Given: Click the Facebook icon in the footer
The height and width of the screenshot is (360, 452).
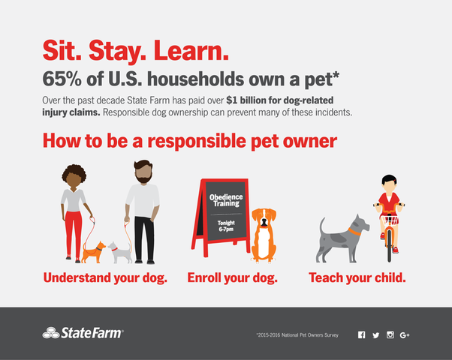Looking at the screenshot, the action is [x=361, y=335].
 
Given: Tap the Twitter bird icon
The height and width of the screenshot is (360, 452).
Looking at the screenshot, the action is [x=376, y=335].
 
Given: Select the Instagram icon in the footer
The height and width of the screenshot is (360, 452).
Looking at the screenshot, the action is [x=390, y=335].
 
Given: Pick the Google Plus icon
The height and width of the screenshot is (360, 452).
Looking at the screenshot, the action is [x=405, y=335].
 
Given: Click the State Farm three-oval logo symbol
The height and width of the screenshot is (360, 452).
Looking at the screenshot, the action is [x=51, y=333].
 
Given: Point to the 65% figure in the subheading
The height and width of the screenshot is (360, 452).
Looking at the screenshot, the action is [x=62, y=79].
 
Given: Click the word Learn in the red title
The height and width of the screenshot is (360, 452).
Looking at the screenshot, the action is [x=191, y=50].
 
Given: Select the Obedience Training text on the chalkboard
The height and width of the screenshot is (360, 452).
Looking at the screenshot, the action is [x=226, y=200].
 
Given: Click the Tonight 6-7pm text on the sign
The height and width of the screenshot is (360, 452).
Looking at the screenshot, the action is [x=226, y=226].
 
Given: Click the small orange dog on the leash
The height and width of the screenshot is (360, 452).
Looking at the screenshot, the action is [x=93, y=252].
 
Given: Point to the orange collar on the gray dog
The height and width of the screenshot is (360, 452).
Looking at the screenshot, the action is [x=354, y=232].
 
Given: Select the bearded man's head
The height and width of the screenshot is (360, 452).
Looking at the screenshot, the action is [x=143, y=172].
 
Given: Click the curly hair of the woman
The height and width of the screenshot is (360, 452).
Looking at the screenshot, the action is [x=74, y=172].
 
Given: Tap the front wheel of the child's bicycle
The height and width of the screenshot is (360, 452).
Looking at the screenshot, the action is [x=389, y=245].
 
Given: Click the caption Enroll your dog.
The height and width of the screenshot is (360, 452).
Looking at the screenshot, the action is [x=232, y=278].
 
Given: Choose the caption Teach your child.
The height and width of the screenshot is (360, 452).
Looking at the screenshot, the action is [x=357, y=278].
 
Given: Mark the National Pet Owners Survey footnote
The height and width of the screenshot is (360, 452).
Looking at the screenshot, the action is [x=297, y=335].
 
